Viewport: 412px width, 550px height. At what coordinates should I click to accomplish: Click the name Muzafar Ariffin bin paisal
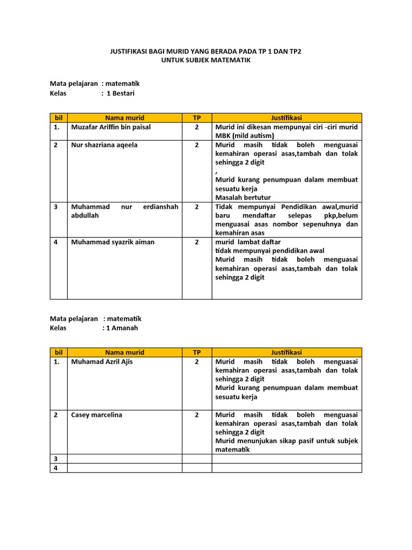pyautogui.click(x=111, y=127)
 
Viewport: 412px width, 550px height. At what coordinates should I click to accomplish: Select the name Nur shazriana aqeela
pyautogui.click(x=104, y=145)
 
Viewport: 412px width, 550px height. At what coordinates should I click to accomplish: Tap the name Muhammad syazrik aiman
pyautogui.click(x=113, y=242)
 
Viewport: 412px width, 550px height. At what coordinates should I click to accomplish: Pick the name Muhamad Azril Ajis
pyautogui.click(x=102, y=362)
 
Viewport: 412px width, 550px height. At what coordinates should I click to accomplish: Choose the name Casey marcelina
pyautogui.click(x=97, y=415)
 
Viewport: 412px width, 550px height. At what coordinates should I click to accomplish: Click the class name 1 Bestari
pyautogui.click(x=121, y=93)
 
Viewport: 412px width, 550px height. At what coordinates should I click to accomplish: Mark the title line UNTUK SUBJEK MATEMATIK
pyautogui.click(x=206, y=61)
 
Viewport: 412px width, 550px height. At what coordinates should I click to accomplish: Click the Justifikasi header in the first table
pyautogui.click(x=286, y=118)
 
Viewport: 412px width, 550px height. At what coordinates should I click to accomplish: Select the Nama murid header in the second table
pyautogui.click(x=124, y=352)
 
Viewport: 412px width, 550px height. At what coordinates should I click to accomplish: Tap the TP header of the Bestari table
pyautogui.click(x=197, y=118)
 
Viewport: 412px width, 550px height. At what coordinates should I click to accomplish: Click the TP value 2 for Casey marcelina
pyautogui.click(x=197, y=415)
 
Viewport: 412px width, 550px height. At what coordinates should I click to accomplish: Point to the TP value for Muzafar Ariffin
pyautogui.click(x=197, y=127)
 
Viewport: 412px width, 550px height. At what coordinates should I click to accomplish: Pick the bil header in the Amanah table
pyautogui.click(x=58, y=352)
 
